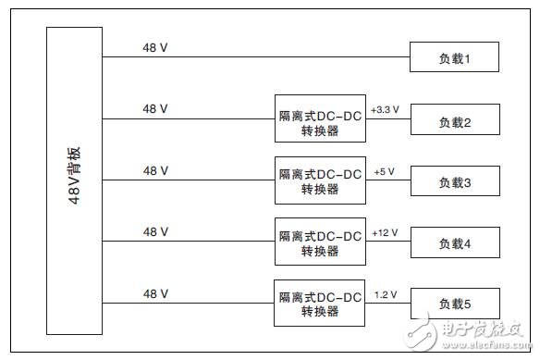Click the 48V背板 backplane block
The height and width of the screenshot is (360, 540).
pos(75,180)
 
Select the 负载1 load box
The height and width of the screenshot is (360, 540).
pos(455,58)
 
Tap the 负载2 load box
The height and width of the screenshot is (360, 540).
pos(455,121)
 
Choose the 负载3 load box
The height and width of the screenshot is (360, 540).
pos(455,182)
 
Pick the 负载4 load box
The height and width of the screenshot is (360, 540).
pos(455,243)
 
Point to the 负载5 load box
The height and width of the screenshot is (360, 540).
pos(455,303)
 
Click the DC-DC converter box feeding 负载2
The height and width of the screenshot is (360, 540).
pos(320,118)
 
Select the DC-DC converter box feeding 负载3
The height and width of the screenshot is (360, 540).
pos(320,180)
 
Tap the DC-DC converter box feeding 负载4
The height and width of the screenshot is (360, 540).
pos(320,242)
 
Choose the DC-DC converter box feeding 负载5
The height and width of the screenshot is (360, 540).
pos(320,303)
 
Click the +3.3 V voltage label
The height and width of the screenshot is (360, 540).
pos(385,109)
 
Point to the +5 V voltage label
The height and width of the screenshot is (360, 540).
pos(385,172)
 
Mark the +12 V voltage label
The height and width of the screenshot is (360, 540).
pos(385,233)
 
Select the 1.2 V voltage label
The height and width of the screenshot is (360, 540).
pos(386,294)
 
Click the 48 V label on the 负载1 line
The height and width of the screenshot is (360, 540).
pos(155,46)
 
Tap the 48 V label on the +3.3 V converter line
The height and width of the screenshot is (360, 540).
pos(155,108)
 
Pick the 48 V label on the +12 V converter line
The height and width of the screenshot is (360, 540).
pos(155,232)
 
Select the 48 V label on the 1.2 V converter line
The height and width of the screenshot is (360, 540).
pos(155,293)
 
